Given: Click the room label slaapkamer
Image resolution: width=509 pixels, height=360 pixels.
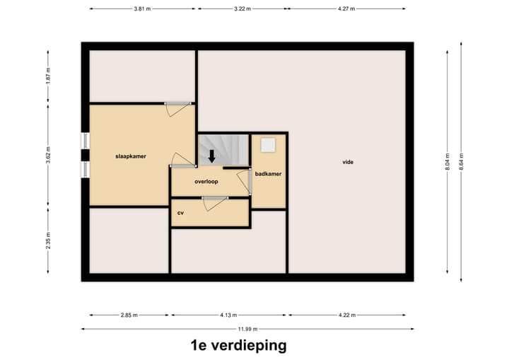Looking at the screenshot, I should coord(131,156).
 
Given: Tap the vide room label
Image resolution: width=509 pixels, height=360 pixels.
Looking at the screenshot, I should coord(347,162).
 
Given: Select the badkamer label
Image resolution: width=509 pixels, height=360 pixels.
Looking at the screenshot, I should coord(269,173).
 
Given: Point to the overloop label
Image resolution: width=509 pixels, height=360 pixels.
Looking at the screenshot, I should coord(206,182).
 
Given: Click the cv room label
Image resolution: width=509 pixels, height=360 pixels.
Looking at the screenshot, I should coord(180,212).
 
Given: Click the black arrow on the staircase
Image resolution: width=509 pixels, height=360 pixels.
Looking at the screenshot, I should coord(211,156).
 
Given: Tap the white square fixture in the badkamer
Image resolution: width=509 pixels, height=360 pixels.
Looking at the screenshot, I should coord(268,145).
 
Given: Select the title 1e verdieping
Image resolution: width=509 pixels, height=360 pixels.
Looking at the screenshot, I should coord(238,346).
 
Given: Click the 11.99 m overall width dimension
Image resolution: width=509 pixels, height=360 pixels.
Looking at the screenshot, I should coord(247,329).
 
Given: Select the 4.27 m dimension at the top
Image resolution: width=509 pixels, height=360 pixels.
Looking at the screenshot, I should coord(346,9).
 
